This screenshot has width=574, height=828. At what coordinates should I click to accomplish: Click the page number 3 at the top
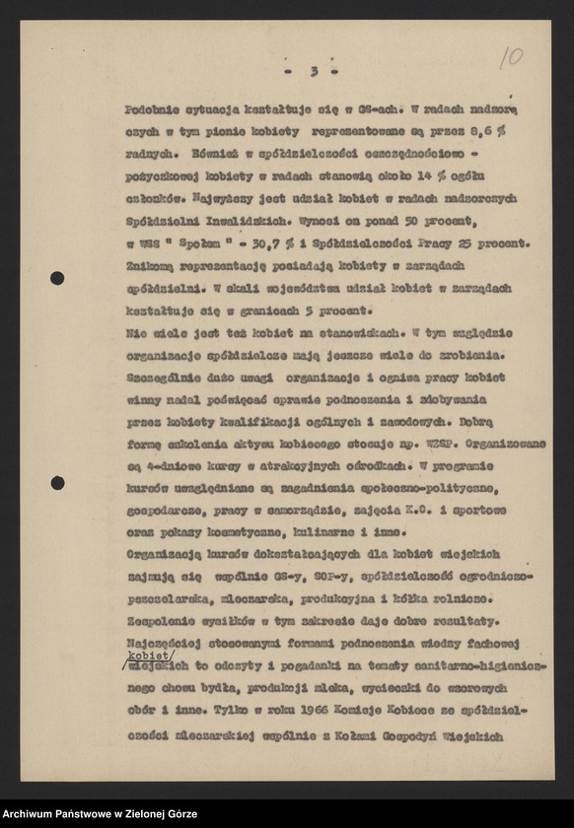click(313, 71)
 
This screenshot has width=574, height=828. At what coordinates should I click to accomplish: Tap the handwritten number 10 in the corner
click(511, 57)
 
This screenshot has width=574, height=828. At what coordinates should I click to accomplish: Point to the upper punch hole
click(57, 278)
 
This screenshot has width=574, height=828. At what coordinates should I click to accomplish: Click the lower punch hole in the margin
click(57, 483)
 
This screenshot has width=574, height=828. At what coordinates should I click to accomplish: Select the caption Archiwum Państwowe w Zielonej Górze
click(99, 814)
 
